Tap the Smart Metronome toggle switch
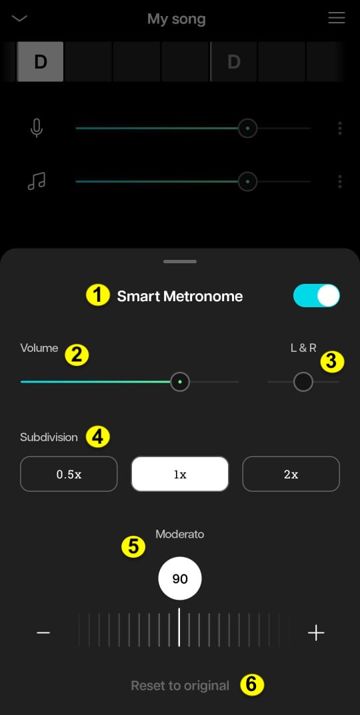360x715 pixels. (x=317, y=296)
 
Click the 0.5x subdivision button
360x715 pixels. (x=69, y=474)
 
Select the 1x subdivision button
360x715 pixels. (x=180, y=474)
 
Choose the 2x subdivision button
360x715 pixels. (x=291, y=474)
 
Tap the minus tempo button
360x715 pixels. (x=43, y=632)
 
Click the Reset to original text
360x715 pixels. (x=180, y=686)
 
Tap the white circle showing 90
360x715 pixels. (x=180, y=578)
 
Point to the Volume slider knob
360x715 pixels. (x=180, y=382)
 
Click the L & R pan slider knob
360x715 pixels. (x=303, y=382)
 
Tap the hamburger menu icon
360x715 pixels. (x=337, y=18)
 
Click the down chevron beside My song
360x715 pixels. (x=20, y=18)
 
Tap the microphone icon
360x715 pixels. (x=37, y=128)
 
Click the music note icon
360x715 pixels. (x=37, y=181)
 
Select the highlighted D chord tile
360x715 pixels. (x=41, y=61)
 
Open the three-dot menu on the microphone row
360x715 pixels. (x=340, y=128)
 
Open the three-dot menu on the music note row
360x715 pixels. (x=340, y=181)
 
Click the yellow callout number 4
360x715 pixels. (x=97, y=437)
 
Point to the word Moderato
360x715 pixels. (x=180, y=534)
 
